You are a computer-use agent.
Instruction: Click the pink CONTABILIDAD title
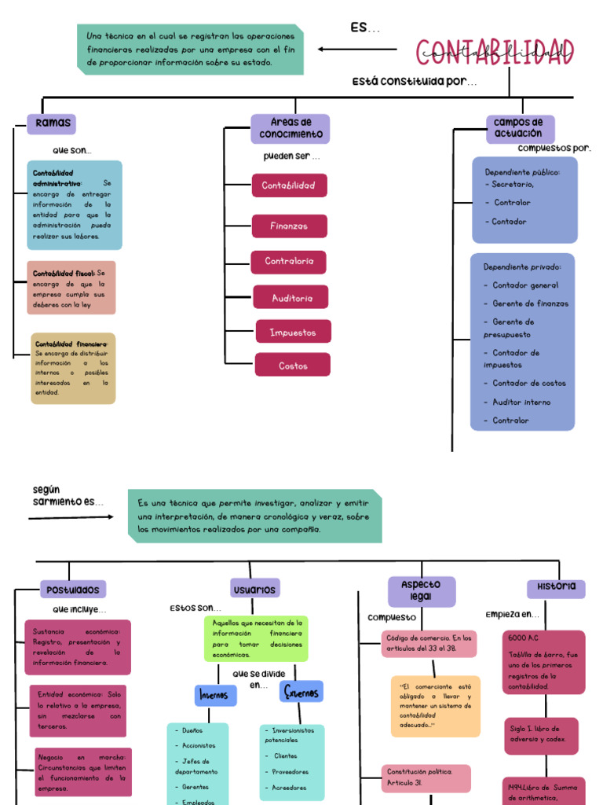[x=495, y=53]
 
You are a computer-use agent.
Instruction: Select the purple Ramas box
[x=52, y=123]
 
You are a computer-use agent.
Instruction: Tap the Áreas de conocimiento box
[x=291, y=129]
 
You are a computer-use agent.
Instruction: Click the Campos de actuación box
[x=519, y=129]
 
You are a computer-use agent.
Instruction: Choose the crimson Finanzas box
[x=289, y=226]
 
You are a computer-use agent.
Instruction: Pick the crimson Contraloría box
[x=289, y=262]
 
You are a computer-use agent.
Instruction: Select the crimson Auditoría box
[x=291, y=297]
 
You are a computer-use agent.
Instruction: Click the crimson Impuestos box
[x=293, y=332]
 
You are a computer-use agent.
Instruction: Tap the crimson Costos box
[x=293, y=365]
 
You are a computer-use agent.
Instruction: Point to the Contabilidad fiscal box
[x=71, y=288]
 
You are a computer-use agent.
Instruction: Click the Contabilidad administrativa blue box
[x=75, y=205]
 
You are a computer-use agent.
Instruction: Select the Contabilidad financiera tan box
[x=73, y=368]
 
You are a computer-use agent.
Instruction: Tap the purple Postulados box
[x=73, y=589]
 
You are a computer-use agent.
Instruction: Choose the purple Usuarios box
[x=255, y=588]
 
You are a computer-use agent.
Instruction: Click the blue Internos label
[x=215, y=695]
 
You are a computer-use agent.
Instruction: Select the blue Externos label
[x=301, y=692]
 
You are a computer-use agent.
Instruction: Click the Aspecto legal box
[x=422, y=591]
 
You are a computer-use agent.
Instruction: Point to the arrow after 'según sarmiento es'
[x=71, y=518]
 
